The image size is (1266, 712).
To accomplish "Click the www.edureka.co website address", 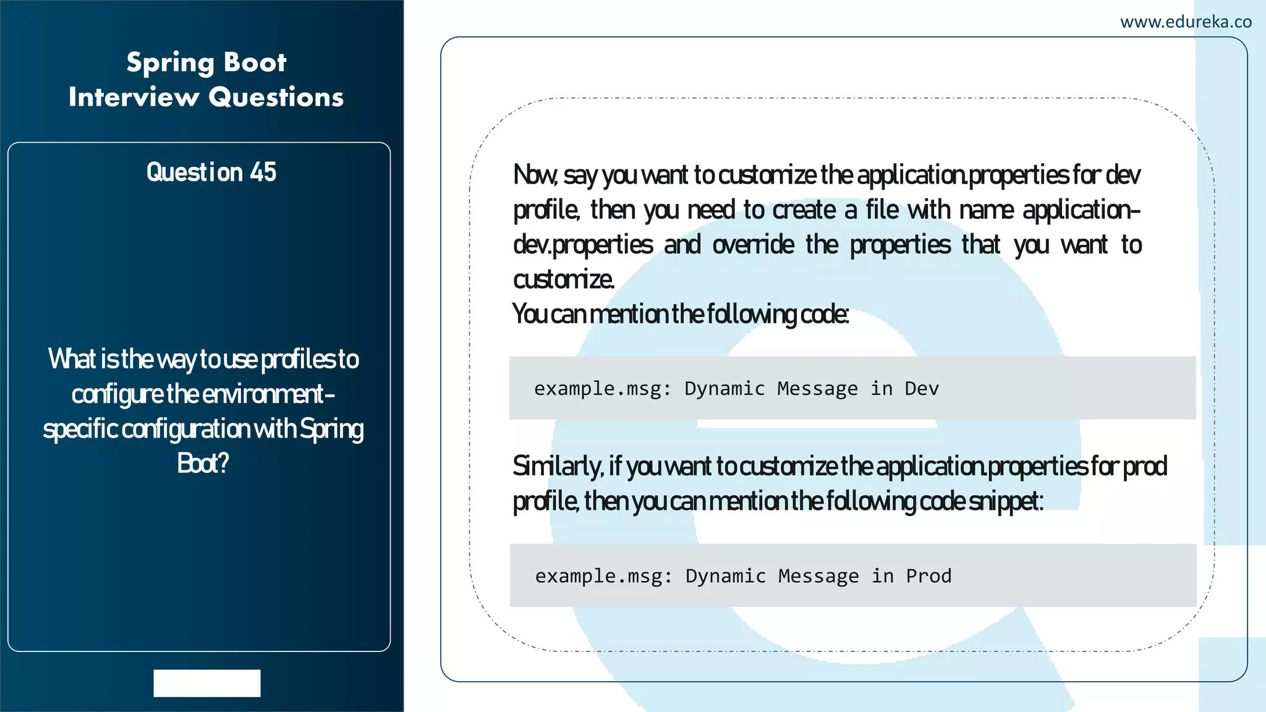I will pos(1186,22).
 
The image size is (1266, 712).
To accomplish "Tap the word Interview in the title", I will pos(134,97).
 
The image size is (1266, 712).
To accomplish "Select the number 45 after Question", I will pos(263,172).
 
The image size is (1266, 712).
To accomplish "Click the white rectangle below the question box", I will pos(207,683).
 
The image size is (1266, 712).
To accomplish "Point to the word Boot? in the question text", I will pos(203,464).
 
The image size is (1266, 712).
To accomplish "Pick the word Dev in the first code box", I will pos(922,389).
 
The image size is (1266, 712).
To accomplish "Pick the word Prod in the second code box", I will pos(928,576).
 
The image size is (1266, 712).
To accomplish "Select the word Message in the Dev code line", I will pos(817,389).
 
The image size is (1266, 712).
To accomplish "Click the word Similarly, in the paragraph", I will pos(558,466).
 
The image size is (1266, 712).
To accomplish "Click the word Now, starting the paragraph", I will pos(535,176).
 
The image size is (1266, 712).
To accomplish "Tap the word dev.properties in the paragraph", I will pos(583,245).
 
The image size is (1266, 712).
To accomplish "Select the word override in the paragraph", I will pos(753,245).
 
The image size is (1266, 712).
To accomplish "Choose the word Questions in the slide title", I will pos(276,97).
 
